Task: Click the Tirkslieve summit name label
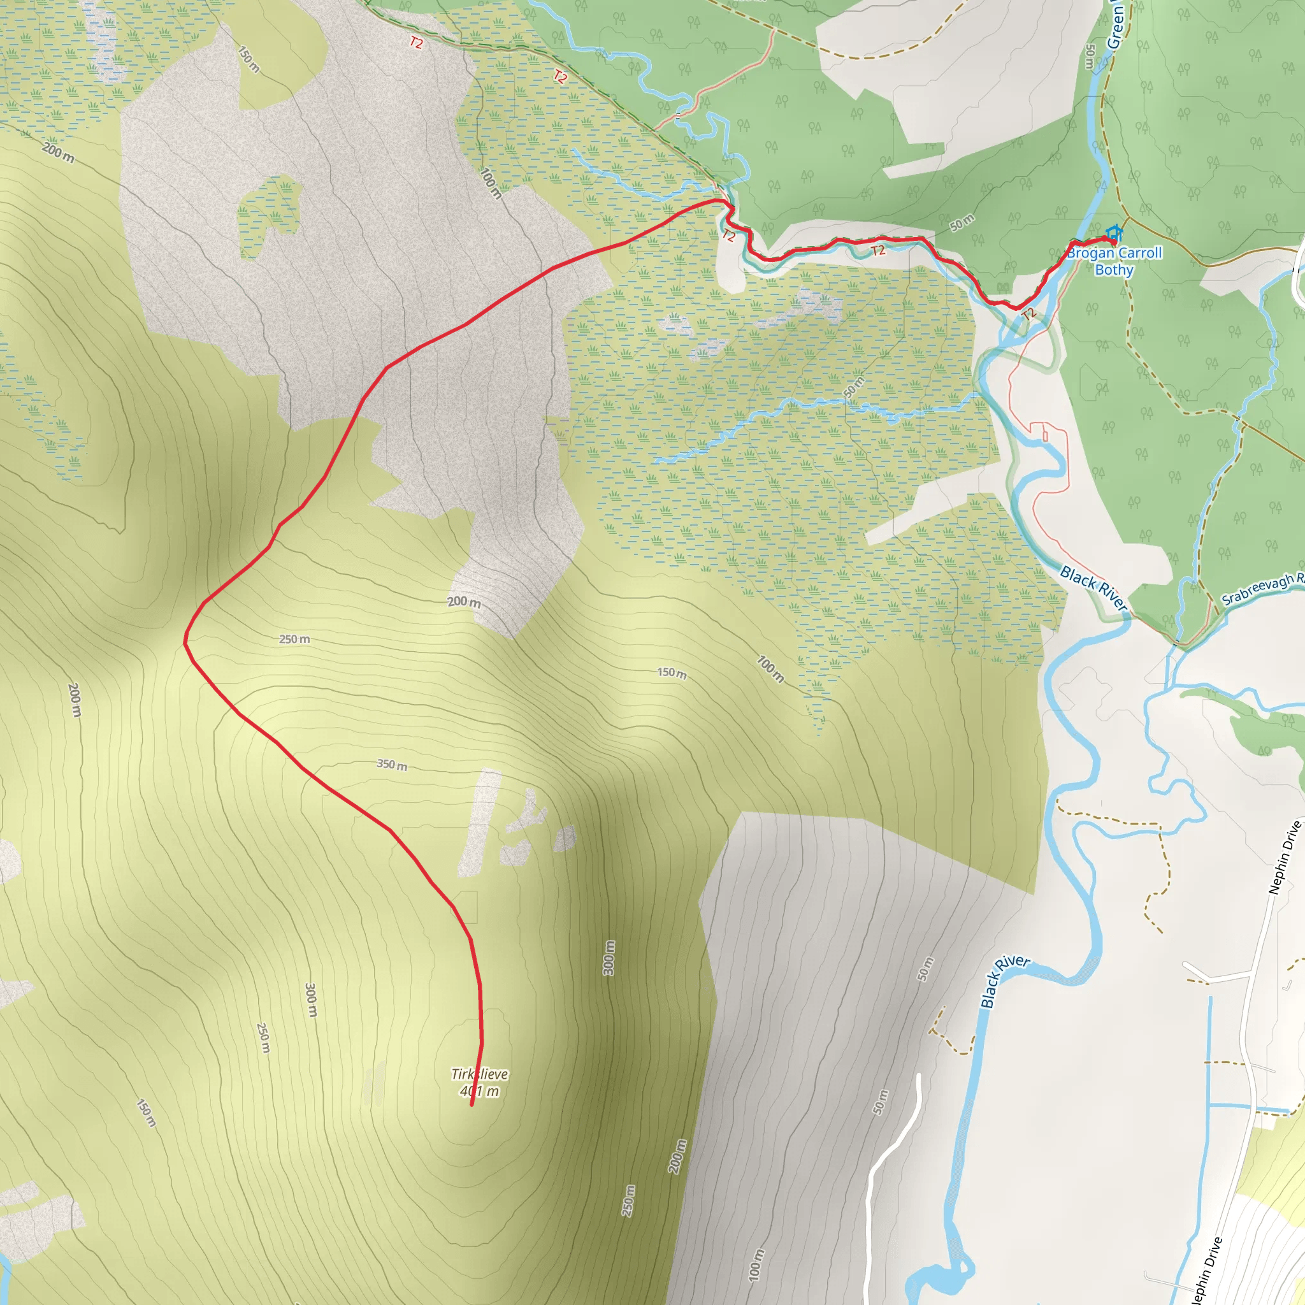pos(480,1074)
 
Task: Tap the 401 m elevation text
pos(480,1092)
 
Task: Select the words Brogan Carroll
pos(1114,252)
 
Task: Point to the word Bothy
pos(1114,270)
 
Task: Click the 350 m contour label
pos(392,765)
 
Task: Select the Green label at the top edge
pos(1115,27)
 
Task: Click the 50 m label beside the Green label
pos(1090,57)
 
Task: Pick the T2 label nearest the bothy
pos(1028,314)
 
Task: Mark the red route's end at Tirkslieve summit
pos(472,1105)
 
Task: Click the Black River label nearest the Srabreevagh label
pos(1093,588)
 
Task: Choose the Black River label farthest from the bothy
pos(1004,981)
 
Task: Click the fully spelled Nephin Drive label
pos(1284,858)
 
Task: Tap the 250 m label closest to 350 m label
pos(294,639)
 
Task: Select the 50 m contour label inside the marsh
pos(853,387)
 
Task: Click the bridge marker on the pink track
pos(677,115)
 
